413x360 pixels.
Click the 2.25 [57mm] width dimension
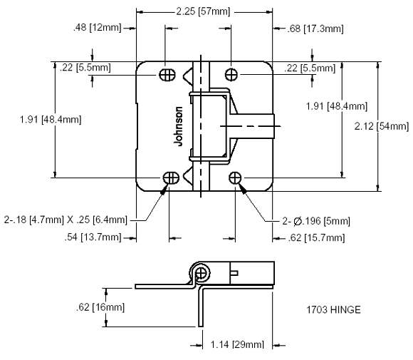pos(203,11)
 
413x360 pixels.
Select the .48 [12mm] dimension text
pos(97,27)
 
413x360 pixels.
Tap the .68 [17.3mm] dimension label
pos(315,29)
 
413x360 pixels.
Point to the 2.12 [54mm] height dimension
pos(382,126)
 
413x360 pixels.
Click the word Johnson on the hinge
pos(178,126)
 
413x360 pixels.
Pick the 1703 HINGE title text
pos(333,309)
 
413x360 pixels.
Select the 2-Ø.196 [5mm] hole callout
pos(316,221)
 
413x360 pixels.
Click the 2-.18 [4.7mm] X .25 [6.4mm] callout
pos(66,220)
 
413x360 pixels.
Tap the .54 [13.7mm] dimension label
pos(93,237)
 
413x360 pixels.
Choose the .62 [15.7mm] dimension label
pos(316,238)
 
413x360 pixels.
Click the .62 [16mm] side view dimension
pos(100,307)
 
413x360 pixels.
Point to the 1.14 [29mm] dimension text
pos(237,344)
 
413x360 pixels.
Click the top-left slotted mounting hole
pos(167,75)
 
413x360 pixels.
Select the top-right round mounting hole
pos(231,75)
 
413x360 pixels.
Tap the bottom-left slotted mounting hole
pos(171,178)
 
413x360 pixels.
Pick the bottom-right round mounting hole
pos(235,178)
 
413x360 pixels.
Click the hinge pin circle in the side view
pos(202,274)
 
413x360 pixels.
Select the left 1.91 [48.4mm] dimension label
pos(51,120)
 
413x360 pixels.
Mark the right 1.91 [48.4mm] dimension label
pos(336,106)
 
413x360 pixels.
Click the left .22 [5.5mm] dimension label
pos(85,68)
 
